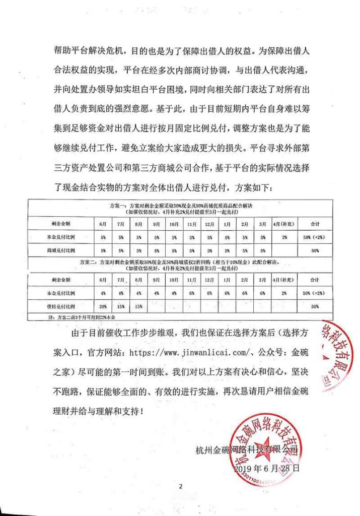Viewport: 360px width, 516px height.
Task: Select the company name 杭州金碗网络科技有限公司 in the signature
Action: tap(247, 449)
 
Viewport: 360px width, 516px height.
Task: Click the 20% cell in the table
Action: tap(103, 306)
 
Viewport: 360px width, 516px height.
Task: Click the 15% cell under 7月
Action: tap(121, 306)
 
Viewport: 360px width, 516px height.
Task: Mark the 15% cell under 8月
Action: tap(138, 306)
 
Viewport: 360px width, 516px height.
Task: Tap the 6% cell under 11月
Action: tap(191, 292)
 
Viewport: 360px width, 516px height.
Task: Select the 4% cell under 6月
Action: tap(103, 292)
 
